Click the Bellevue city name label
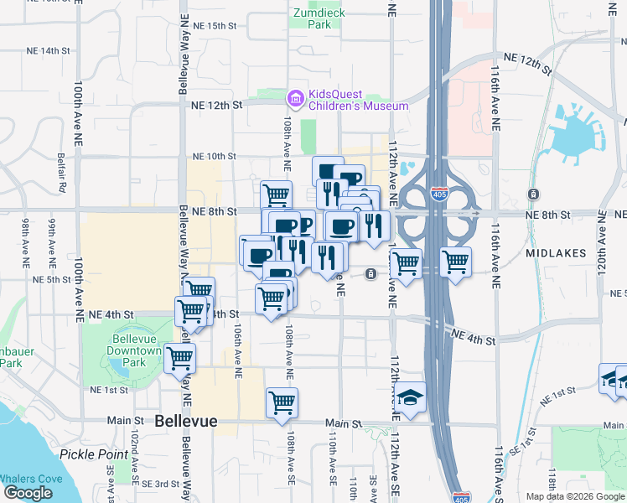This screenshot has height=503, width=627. [186, 422]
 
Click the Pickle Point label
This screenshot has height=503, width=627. [88, 454]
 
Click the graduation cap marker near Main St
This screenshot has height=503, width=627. [410, 397]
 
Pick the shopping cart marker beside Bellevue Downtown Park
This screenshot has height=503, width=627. [179, 358]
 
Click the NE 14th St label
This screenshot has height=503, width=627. [48, 50]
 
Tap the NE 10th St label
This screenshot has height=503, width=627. [215, 156]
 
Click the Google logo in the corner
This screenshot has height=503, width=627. [28, 493]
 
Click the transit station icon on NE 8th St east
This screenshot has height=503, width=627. [534, 194]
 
